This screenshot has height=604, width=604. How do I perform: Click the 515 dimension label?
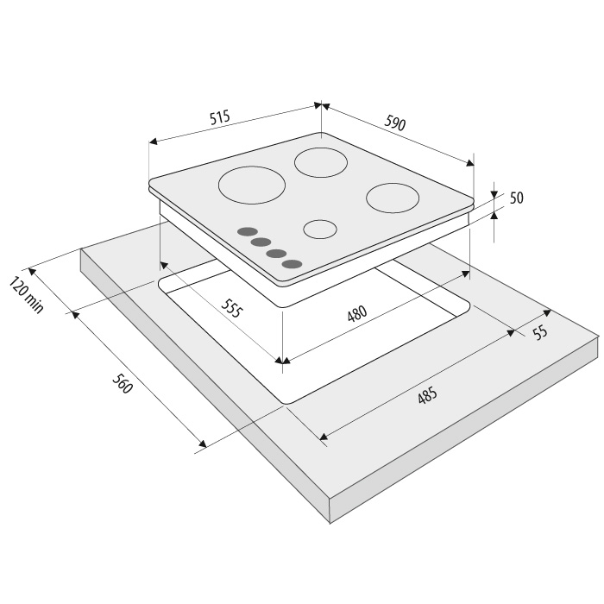219,117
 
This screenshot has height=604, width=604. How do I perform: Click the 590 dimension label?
395,123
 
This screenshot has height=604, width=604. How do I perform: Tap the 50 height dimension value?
517,198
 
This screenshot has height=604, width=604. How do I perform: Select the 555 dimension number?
232,307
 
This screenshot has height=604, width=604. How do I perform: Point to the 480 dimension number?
357,313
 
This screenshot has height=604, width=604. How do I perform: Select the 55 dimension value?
541,331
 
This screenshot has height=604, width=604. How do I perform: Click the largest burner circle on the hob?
252,186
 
